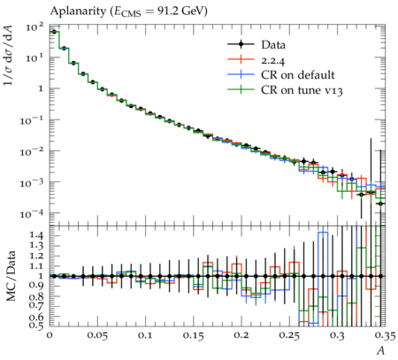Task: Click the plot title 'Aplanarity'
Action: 78,11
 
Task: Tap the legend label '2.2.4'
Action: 273,60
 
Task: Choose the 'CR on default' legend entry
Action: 298,75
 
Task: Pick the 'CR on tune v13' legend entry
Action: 302,90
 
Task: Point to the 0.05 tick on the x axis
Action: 98,335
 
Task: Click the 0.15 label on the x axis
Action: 194,335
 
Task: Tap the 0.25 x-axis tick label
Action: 289,335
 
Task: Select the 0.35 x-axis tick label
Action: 385,335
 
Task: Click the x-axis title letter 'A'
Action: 381,350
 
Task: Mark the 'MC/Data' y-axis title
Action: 11,276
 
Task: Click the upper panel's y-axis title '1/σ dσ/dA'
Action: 9,56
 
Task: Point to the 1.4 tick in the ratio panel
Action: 37,235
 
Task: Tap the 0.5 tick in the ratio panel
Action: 37,325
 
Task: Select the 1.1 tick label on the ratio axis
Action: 37,265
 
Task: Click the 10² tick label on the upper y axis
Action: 34,27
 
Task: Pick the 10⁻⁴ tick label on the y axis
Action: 32,213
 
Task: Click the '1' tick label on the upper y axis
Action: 41,88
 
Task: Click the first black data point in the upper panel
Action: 54,32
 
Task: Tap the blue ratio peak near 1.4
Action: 323,233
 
